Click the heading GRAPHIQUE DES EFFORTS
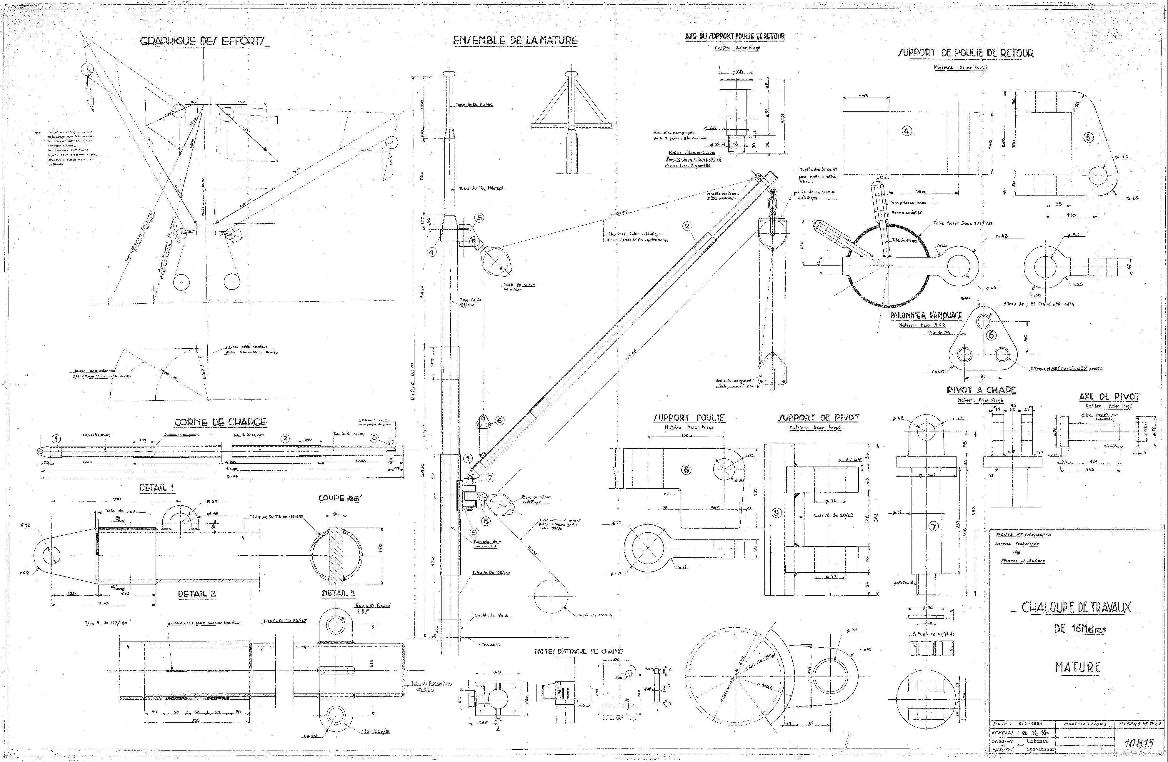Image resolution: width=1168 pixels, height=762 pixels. coord(203,41)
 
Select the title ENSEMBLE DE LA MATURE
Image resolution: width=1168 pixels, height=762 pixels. coord(515,41)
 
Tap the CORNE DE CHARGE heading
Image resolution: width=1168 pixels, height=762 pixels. coord(220,422)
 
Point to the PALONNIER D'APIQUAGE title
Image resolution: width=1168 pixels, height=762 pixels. coord(926,315)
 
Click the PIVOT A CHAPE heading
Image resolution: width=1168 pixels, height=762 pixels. coord(981,390)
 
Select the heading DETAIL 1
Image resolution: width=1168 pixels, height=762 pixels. coord(156,487)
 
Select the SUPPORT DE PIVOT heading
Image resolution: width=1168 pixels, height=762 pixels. coord(819,418)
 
